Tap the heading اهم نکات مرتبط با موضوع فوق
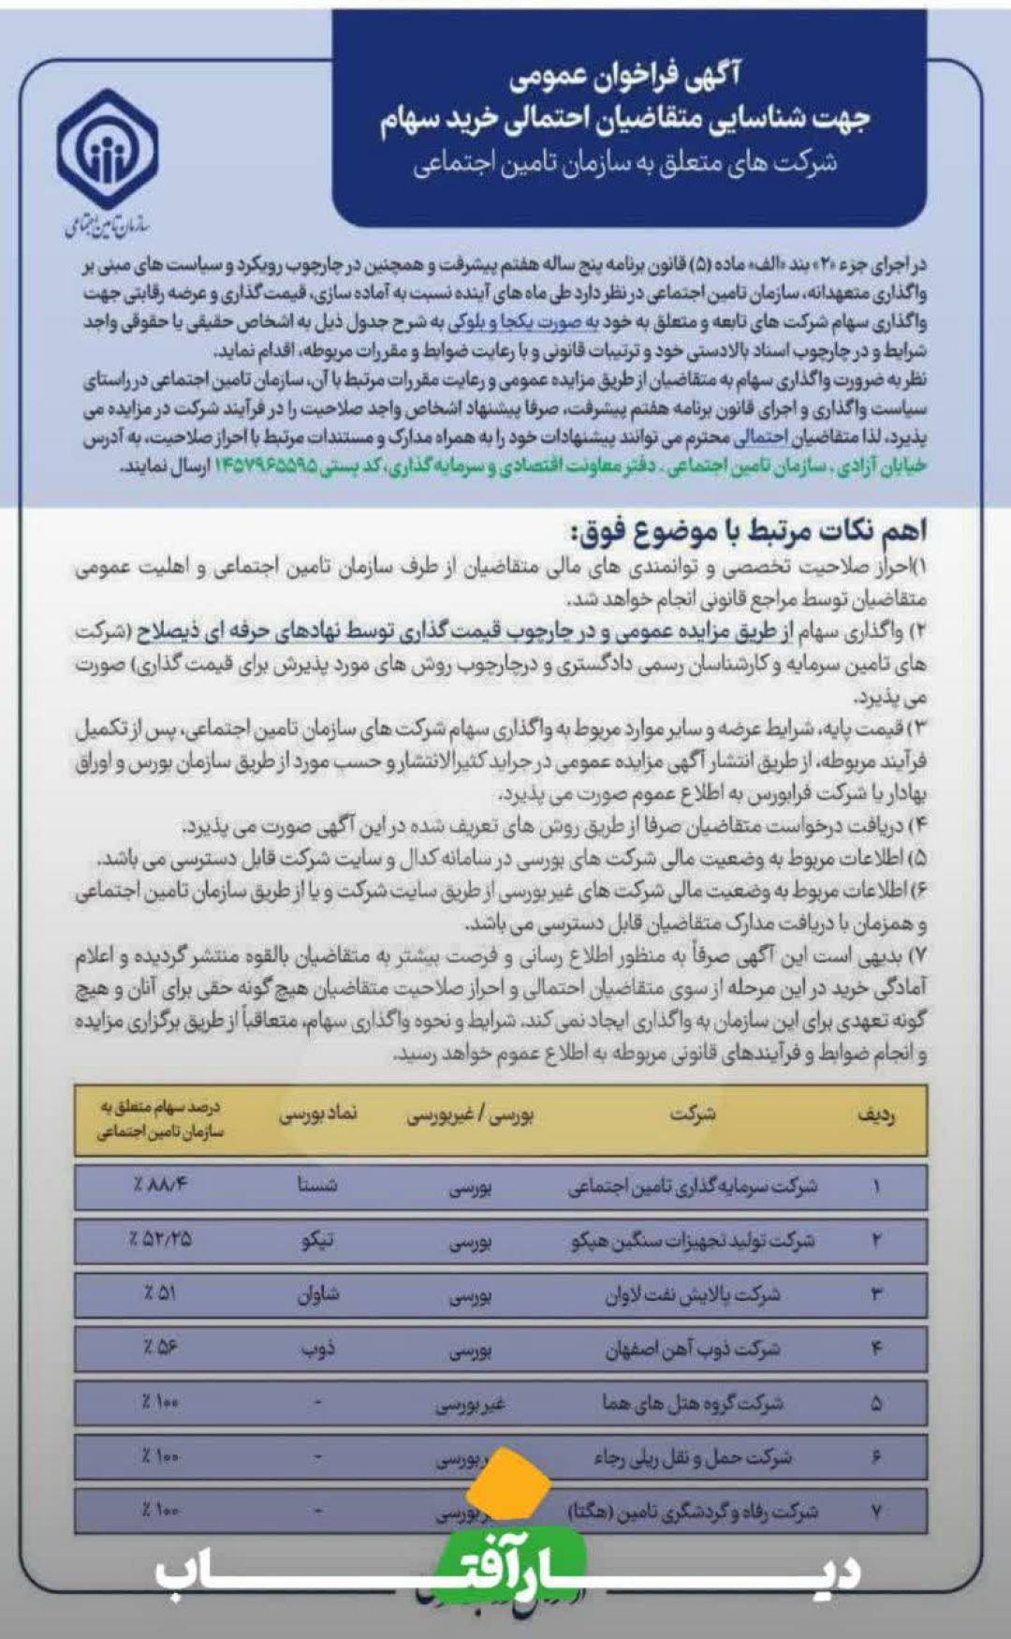pyautogui.click(x=747, y=531)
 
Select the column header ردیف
pyautogui.click(x=876, y=1116)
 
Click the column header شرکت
pyautogui.click(x=693, y=1115)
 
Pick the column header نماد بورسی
pyautogui.click(x=318, y=1115)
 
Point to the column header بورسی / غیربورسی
pyautogui.click(x=470, y=1115)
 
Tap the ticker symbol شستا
pyautogui.click(x=317, y=1186)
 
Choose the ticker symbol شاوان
pyautogui.click(x=317, y=1294)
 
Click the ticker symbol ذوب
pyautogui.click(x=317, y=1349)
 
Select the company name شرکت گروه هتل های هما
pyautogui.click(x=693, y=1404)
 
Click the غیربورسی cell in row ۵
pyautogui.click(x=470, y=1405)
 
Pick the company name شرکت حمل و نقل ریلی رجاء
pyautogui.click(x=693, y=1457)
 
